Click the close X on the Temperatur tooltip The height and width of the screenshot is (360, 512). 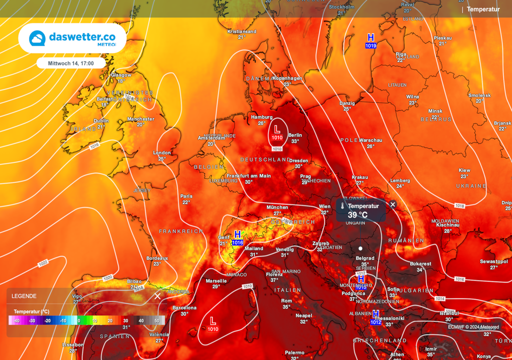393,204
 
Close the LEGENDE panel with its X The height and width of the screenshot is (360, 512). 157,296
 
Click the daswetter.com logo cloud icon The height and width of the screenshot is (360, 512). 37,38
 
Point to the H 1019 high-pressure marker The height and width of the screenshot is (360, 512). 370,40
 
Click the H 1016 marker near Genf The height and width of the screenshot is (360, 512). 237,237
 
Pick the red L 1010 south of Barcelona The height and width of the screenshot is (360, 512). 213,323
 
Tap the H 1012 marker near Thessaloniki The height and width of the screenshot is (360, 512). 375,317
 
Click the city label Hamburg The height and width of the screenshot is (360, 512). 261,117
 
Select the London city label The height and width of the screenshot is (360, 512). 161,153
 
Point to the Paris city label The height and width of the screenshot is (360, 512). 186,196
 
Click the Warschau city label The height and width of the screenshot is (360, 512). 370,140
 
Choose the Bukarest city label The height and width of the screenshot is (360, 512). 420,263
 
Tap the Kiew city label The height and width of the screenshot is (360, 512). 464,170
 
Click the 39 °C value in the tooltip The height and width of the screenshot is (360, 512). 357,215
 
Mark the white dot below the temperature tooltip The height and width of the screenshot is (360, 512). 360,248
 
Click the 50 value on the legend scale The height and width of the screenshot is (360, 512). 156,320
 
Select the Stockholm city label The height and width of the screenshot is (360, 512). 341,7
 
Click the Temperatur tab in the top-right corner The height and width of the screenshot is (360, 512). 483,9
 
